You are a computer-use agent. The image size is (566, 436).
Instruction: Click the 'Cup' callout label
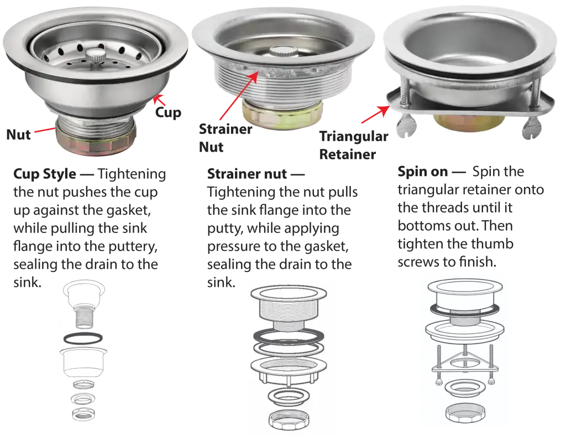click(168, 113)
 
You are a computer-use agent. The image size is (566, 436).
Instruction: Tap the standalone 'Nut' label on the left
click(18, 135)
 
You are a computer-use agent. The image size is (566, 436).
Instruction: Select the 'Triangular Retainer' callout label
click(353, 145)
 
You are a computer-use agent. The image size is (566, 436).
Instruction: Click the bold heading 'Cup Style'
click(45, 174)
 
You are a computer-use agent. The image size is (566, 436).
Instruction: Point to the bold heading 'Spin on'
click(422, 172)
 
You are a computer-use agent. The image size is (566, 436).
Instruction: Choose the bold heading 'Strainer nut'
click(247, 174)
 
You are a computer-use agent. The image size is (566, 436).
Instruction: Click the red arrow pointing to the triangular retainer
click(375, 115)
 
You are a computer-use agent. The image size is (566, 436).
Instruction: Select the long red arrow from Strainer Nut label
click(239, 95)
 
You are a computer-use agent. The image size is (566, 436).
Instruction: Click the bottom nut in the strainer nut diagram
click(289, 419)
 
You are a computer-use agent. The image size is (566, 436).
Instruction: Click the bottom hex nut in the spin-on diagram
click(465, 413)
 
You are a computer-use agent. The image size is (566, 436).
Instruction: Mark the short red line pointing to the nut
click(45, 129)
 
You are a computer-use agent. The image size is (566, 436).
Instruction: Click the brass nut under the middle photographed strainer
click(282, 113)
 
